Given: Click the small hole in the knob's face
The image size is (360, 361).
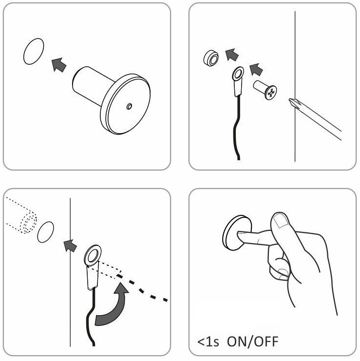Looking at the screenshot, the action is pyautogui.click(x=129, y=106).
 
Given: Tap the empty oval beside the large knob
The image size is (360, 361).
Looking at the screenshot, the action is pyautogui.click(x=34, y=51).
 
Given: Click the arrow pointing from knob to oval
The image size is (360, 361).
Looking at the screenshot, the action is pyautogui.click(x=58, y=64).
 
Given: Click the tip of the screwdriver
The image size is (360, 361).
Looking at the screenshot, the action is pyautogui.click(x=290, y=99).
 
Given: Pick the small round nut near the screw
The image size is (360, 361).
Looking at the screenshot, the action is pyautogui.click(x=211, y=57).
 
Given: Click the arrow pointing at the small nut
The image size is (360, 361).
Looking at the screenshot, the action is pyautogui.click(x=231, y=55).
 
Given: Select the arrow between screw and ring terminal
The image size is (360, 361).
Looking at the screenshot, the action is pyautogui.click(x=256, y=69).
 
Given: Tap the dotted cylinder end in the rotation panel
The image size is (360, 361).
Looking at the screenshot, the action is pyautogui.click(x=28, y=223).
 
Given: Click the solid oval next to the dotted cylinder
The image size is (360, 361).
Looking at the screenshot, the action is pyautogui.click(x=46, y=232).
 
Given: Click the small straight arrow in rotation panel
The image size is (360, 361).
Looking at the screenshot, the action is pyautogui.click(x=70, y=246).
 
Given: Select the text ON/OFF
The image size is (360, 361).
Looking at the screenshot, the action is pyautogui.click(x=252, y=342).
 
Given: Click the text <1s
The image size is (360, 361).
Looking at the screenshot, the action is pyautogui.click(x=208, y=342).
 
